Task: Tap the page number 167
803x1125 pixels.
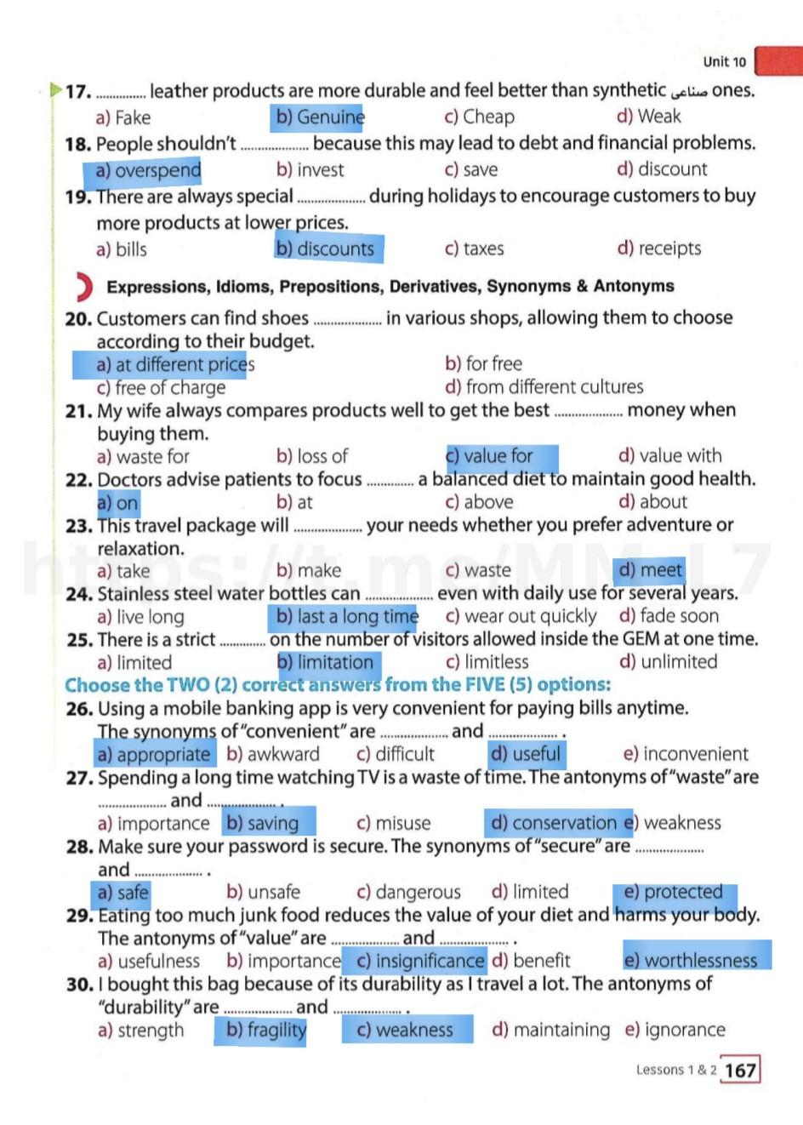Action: pyautogui.click(x=740, y=1070)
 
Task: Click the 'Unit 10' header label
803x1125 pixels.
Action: pyautogui.click(x=724, y=61)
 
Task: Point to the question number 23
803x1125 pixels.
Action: pyautogui.click(x=78, y=526)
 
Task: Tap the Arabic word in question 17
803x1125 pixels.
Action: pyautogui.click(x=688, y=91)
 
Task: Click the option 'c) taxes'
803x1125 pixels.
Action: pyautogui.click(x=474, y=248)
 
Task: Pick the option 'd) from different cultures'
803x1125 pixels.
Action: pyautogui.click(x=544, y=387)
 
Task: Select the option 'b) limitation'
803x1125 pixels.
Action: pyautogui.click(x=326, y=662)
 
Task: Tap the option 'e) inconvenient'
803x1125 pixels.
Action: pyautogui.click(x=686, y=754)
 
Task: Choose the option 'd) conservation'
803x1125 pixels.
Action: pyautogui.click(x=554, y=823)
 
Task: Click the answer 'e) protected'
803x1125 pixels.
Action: pyautogui.click(x=673, y=892)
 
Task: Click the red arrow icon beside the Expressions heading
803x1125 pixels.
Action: pyautogui.click(x=83, y=287)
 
